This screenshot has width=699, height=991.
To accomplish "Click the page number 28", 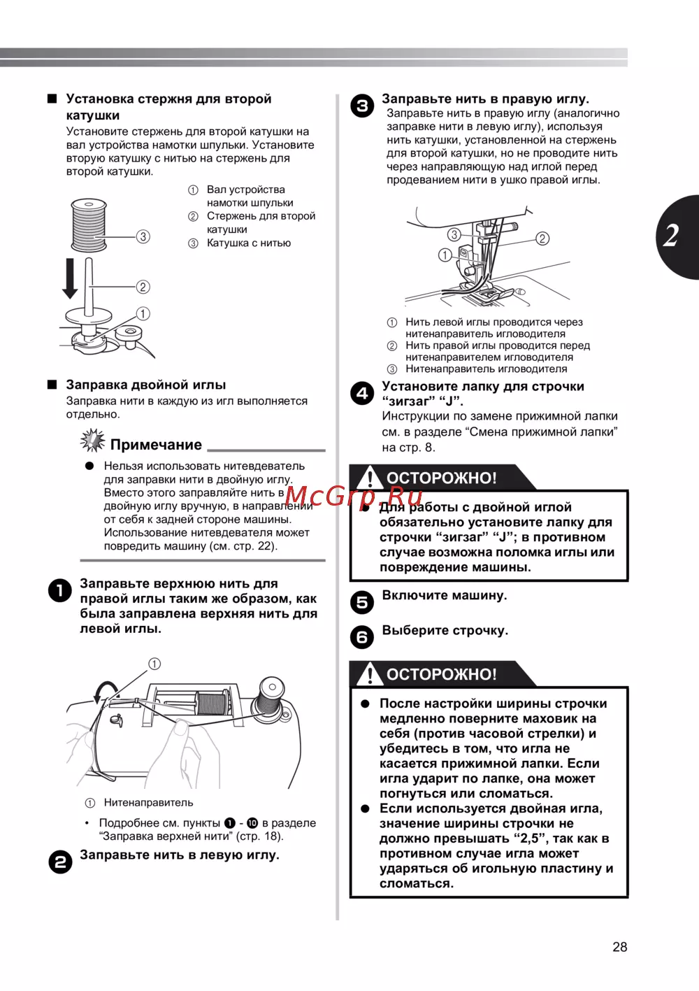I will [x=619, y=947].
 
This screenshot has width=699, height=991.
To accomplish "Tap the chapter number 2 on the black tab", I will [x=672, y=236].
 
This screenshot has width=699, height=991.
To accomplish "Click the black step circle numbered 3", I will [x=362, y=106].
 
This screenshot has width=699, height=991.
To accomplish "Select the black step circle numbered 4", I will [x=362, y=393].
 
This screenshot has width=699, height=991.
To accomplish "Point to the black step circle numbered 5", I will [x=362, y=602].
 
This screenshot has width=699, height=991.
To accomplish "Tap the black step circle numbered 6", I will [x=362, y=637].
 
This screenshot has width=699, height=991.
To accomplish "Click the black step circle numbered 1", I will [x=60, y=591].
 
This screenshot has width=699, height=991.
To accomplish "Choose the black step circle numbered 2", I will [x=60, y=862].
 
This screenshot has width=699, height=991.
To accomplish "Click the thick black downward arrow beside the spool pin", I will [x=70, y=278].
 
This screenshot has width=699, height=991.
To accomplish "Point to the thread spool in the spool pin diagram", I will [x=89, y=225].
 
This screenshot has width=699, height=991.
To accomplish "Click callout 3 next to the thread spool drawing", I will [x=143, y=236].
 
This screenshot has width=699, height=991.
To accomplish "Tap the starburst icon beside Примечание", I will [x=92, y=441].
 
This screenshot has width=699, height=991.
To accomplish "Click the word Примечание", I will [x=156, y=445].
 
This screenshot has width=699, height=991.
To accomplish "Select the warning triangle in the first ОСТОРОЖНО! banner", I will [x=369, y=478].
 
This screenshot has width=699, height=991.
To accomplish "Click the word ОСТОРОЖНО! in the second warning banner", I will [x=442, y=675].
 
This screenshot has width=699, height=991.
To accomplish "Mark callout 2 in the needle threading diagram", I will [x=542, y=238].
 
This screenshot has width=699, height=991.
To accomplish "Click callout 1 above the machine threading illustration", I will [x=154, y=664].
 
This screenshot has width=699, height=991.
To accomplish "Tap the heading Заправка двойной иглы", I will [x=145, y=385].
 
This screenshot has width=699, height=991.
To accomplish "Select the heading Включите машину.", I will [x=445, y=596].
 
